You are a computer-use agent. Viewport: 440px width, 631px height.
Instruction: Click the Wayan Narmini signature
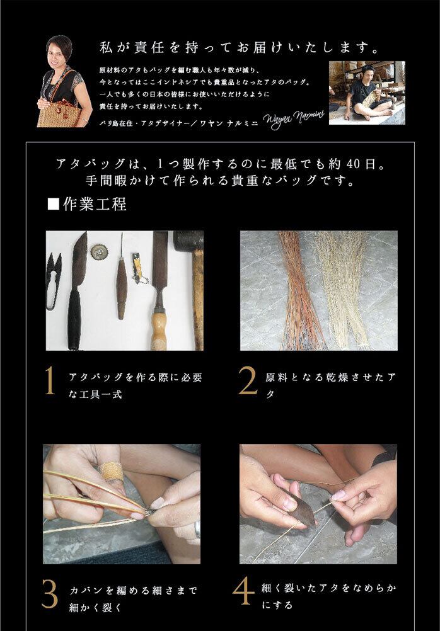[293, 119]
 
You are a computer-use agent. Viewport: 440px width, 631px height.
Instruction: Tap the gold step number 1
[50, 380]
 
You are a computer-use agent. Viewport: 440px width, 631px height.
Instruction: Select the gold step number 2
[247, 380]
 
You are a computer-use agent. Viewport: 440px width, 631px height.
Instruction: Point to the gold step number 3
[50, 594]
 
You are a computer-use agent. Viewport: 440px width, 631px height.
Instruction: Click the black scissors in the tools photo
[53, 280]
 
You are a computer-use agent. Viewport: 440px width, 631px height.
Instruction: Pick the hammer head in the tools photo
[189, 241]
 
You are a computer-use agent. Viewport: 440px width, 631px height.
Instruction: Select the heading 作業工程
[95, 205]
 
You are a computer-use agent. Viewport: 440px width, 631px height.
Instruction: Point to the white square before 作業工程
[54, 205]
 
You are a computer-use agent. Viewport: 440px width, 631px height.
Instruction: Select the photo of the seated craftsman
[367, 93]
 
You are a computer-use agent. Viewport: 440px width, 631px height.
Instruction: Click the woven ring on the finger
[111, 472]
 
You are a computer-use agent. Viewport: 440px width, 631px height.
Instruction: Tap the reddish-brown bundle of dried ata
[299, 290]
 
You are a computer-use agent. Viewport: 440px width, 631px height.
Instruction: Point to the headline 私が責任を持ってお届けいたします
[240, 48]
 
